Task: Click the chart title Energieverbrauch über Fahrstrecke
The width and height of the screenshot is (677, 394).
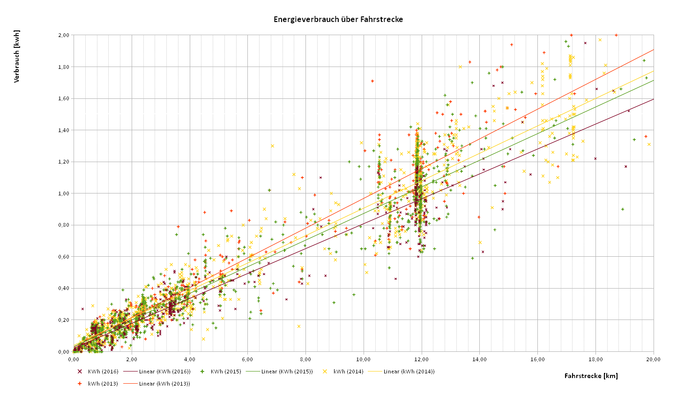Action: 338,20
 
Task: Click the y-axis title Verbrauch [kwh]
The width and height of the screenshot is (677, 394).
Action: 17,56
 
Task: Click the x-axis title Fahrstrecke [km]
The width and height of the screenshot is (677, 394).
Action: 591,376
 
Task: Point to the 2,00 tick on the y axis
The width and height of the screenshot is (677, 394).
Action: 63,35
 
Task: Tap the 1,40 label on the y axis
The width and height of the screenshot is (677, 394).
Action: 63,130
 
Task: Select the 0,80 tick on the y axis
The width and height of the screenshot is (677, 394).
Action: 63,225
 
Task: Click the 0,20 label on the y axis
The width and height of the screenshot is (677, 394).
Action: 63,320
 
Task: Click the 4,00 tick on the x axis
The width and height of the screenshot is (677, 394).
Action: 189,359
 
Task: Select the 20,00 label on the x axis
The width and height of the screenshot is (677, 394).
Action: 653,359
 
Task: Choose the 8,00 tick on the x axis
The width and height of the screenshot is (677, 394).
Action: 305,359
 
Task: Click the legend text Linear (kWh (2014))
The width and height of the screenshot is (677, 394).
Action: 409,372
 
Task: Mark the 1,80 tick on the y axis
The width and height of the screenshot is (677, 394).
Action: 63,67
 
